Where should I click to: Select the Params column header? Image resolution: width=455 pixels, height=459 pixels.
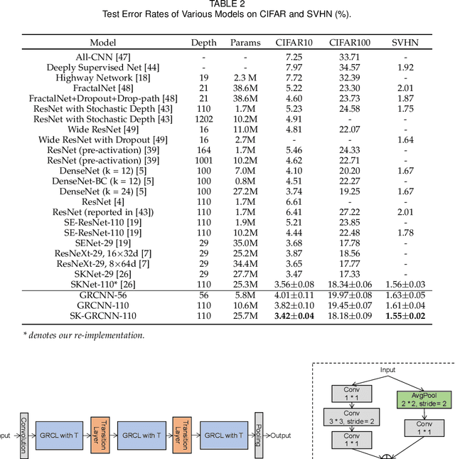pos(245,43)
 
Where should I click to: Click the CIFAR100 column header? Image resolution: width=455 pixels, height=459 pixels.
pos(348,43)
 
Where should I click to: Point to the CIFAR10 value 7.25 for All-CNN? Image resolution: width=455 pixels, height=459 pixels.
pos(294,56)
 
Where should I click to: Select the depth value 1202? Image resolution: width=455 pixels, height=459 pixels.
pos(203,119)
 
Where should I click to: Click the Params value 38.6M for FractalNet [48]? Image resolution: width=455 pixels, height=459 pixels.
pos(245,87)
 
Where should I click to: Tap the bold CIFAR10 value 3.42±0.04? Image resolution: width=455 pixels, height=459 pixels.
pos(294,315)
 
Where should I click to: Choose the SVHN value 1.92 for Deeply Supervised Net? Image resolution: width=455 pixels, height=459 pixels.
pos(405,66)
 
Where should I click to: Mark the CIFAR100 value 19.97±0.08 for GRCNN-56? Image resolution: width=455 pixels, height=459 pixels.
pos(348,295)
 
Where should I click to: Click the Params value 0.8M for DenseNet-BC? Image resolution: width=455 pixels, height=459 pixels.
pos(245,181)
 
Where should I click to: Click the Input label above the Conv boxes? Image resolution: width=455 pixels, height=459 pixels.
pos(387,370)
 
